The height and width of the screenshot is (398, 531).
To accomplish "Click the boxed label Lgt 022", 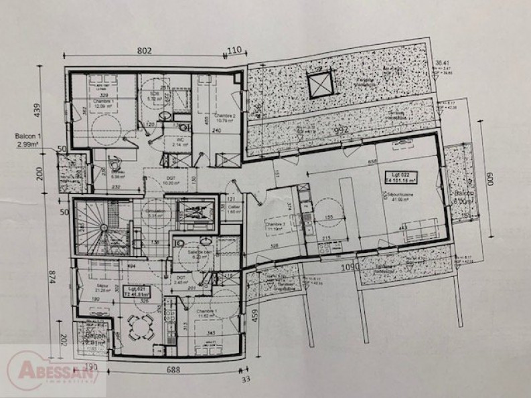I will click(x=399, y=177).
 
